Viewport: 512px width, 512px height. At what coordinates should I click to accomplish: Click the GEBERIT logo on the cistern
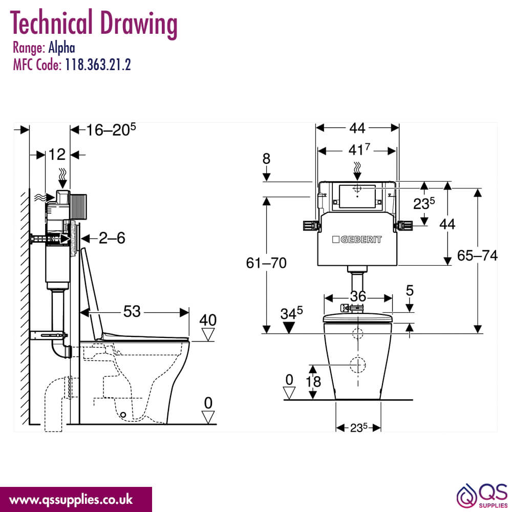(x=356, y=240)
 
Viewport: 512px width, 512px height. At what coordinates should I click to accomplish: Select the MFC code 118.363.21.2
(x=98, y=65)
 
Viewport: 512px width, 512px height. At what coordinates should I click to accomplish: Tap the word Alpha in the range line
(x=62, y=48)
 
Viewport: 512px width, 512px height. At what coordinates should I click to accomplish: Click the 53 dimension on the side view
(x=132, y=311)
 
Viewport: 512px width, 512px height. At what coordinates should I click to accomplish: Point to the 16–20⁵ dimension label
(x=111, y=130)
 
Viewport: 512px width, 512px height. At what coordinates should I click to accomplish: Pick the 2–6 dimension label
(x=112, y=238)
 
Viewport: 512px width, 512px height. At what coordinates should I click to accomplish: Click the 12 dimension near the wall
(x=57, y=155)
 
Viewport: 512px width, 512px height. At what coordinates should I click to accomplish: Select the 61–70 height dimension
(x=266, y=263)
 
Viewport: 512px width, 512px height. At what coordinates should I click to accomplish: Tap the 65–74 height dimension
(x=477, y=255)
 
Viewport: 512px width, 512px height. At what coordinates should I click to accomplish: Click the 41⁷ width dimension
(x=359, y=150)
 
